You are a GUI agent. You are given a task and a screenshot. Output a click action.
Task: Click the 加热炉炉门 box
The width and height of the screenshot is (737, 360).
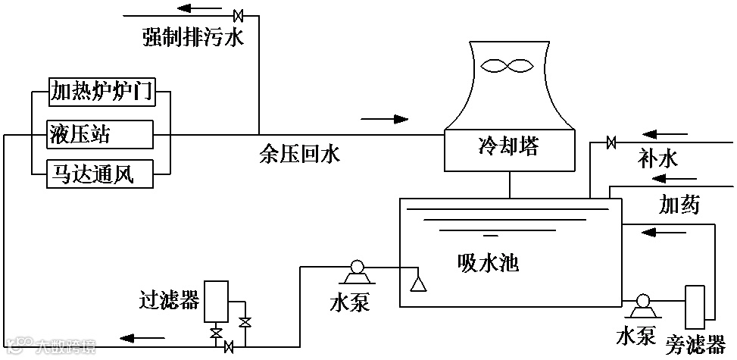pos(101,92)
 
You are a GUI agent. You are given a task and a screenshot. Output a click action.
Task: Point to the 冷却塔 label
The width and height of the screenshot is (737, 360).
pos(508,146)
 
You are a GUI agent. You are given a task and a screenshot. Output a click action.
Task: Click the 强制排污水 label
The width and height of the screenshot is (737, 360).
pos(193,37)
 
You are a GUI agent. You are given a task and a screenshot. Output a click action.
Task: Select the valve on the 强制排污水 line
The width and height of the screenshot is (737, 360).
pos(238,14)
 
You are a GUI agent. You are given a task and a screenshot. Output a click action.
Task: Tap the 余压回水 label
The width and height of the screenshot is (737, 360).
pos(299,155)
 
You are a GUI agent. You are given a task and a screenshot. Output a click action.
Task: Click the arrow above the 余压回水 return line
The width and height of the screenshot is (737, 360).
pos(385,119)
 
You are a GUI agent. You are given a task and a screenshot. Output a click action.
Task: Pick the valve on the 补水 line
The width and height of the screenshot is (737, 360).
pos(611,142)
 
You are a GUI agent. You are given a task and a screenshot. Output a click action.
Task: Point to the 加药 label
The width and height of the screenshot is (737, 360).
pos(679,204)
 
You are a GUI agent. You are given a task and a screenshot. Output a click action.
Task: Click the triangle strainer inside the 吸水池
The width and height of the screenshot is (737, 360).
pos(416,283)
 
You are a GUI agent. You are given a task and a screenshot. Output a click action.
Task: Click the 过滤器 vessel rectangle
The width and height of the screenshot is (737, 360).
pos(217,301)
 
